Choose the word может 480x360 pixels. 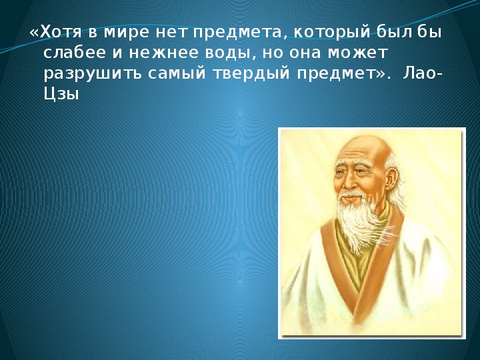tap(357, 53)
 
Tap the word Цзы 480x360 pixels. tap(61, 95)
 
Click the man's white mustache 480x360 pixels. tap(353, 195)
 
